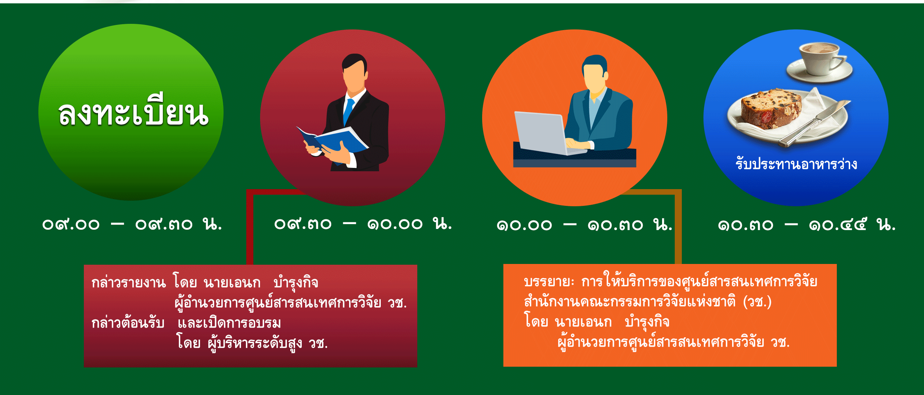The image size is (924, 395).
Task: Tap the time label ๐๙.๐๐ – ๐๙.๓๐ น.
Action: (132, 224)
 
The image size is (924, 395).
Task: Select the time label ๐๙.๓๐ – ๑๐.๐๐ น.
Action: (363, 223)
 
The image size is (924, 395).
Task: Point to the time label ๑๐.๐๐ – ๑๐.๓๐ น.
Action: (584, 224)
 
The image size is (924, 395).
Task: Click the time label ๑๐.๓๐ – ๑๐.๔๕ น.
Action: (807, 224)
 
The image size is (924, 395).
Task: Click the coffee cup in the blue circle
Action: (820, 61)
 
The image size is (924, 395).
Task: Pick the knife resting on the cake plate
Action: (814, 123)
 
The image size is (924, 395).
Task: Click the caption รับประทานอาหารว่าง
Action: (796, 164)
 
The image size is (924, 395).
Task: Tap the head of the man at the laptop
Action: (595, 73)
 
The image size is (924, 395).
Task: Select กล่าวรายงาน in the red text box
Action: (129, 283)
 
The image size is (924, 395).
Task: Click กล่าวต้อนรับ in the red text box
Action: (128, 322)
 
